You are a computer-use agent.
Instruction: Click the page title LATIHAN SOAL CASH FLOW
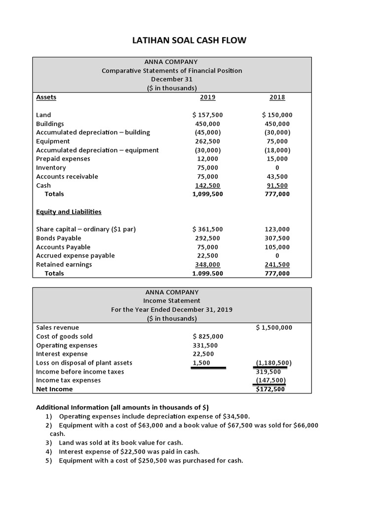click(x=189, y=40)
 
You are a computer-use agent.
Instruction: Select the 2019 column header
click(x=208, y=97)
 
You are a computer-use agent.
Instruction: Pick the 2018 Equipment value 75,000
click(x=278, y=141)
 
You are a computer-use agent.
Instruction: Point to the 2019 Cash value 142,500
click(x=207, y=185)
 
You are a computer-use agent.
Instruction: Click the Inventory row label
click(x=51, y=168)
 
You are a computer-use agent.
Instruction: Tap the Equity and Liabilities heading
click(x=69, y=212)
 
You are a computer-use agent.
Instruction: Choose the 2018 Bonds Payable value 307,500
click(x=277, y=238)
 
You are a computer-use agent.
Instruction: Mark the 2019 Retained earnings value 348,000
click(x=207, y=264)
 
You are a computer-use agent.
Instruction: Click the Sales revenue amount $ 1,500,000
click(x=274, y=328)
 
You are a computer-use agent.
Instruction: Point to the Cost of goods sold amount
click(x=208, y=337)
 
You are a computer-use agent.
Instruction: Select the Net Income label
click(x=54, y=389)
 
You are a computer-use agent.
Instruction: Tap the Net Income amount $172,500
click(x=271, y=389)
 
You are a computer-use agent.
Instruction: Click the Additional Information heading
click(x=122, y=408)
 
